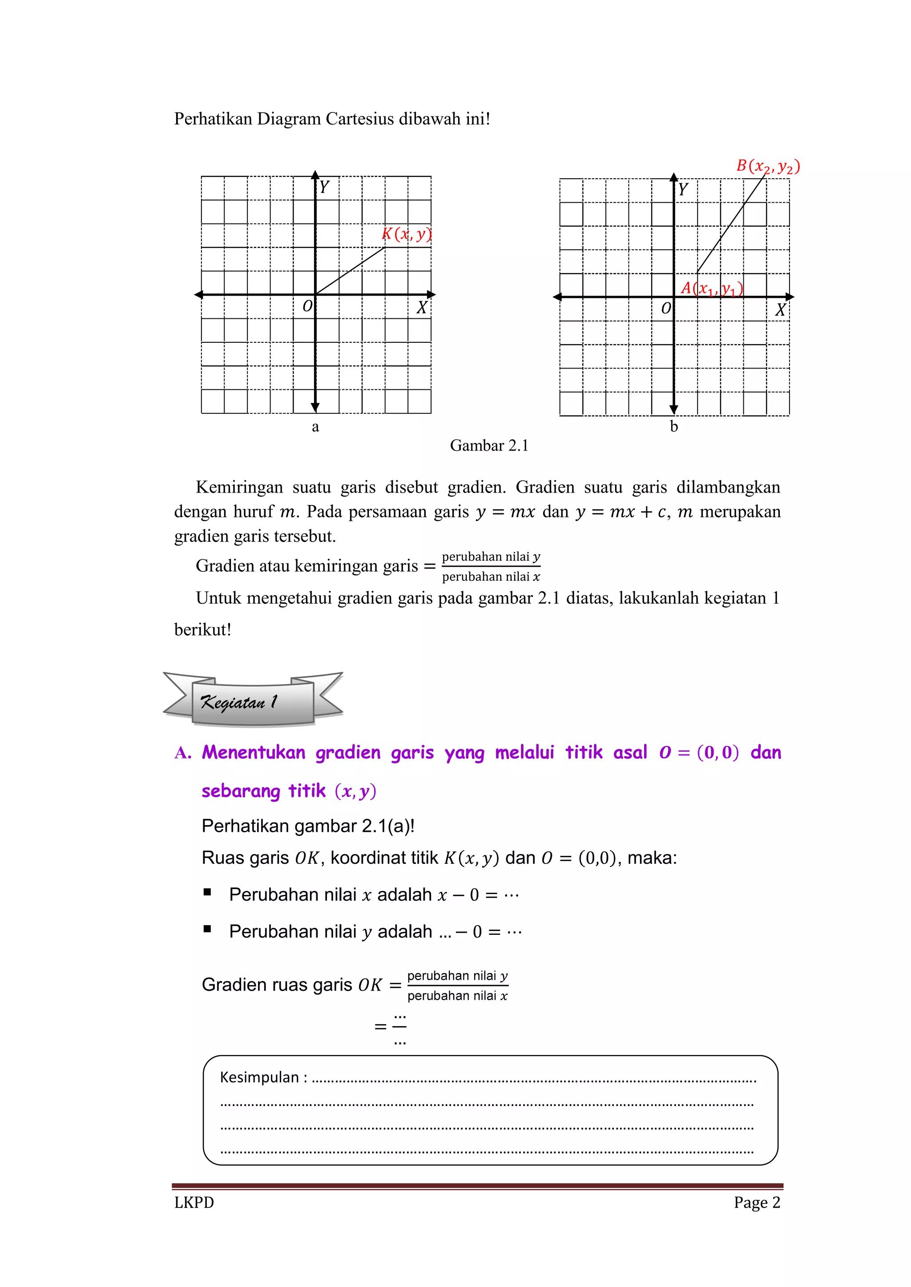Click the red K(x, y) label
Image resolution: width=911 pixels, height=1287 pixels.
[407, 234]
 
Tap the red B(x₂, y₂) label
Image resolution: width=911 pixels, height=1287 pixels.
[767, 166]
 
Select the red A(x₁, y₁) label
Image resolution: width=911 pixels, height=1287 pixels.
[711, 289]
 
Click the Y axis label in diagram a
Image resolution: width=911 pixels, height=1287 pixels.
[324, 187]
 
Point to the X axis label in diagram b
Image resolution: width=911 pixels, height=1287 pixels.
[780, 310]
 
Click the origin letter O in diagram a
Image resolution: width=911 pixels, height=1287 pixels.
[307, 307]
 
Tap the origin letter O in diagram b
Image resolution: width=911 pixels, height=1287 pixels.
[666, 308]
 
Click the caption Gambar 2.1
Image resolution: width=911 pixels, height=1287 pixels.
[488, 445]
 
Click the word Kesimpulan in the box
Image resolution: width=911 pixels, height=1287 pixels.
[259, 1077]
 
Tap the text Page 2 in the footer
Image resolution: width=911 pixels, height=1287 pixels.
[757, 1203]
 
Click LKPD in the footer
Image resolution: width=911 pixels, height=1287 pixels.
[194, 1203]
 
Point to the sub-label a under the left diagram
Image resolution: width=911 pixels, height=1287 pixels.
[315, 427]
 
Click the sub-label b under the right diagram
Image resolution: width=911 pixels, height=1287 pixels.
[674, 427]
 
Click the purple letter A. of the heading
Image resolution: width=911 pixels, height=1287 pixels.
[183, 753]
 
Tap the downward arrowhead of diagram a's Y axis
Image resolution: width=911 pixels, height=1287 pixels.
[315, 408]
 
